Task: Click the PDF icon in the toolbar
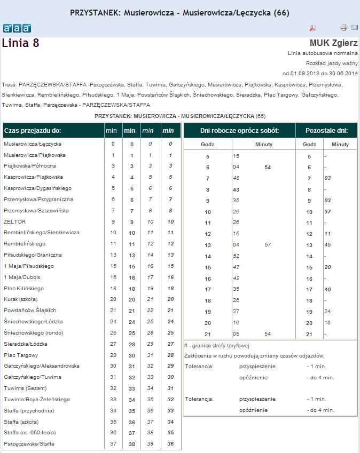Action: pos(314,28)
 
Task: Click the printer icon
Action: pos(343,28)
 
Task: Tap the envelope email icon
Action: pos(354,28)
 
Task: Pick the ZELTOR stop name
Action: pos(14,221)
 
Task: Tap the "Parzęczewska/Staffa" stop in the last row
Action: pos(29,444)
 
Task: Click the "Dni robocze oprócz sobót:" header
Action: pos(239,130)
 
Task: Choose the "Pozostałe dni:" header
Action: pos(326,130)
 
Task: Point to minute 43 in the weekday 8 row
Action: pos(236,189)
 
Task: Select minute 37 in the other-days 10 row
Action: pos(327,212)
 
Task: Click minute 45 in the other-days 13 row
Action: pos(327,245)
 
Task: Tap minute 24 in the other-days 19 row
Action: pos(327,312)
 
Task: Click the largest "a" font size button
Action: pos(26,28)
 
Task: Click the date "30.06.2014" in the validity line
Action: pos(343,73)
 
